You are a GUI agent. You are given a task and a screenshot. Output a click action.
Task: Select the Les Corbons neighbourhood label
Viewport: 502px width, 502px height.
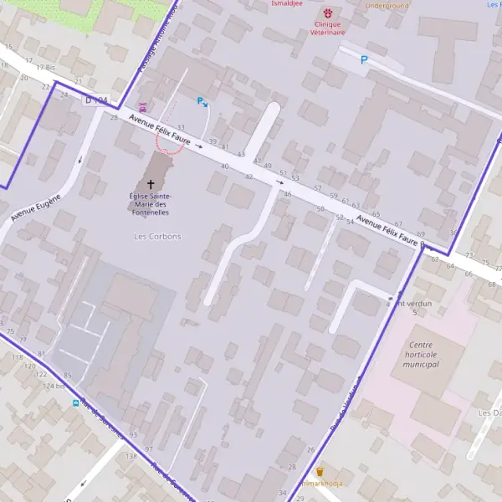(157, 237)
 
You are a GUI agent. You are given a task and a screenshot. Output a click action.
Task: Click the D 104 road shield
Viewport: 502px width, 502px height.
(97, 100)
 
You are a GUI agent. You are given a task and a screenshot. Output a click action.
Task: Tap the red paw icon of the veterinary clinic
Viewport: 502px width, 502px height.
(327, 13)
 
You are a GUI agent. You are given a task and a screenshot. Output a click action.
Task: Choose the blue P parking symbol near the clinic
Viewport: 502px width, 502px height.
(364, 60)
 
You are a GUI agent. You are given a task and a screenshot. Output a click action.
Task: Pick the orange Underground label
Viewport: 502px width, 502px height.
(387, 6)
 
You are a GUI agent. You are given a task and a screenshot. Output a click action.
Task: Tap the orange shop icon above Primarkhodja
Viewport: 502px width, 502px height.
(319, 472)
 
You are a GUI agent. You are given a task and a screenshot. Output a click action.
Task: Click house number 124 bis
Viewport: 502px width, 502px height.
(54, 386)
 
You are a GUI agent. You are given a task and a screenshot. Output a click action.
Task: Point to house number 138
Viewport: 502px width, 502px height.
(131, 456)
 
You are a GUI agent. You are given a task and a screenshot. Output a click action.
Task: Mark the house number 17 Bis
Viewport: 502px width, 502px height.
(33, 61)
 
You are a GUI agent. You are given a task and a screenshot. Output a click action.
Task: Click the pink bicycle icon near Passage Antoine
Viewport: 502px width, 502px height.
(142, 107)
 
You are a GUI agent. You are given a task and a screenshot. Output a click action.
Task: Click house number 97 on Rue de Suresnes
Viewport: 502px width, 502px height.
(148, 449)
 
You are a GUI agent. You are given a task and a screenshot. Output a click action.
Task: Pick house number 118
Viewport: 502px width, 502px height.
(17, 357)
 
